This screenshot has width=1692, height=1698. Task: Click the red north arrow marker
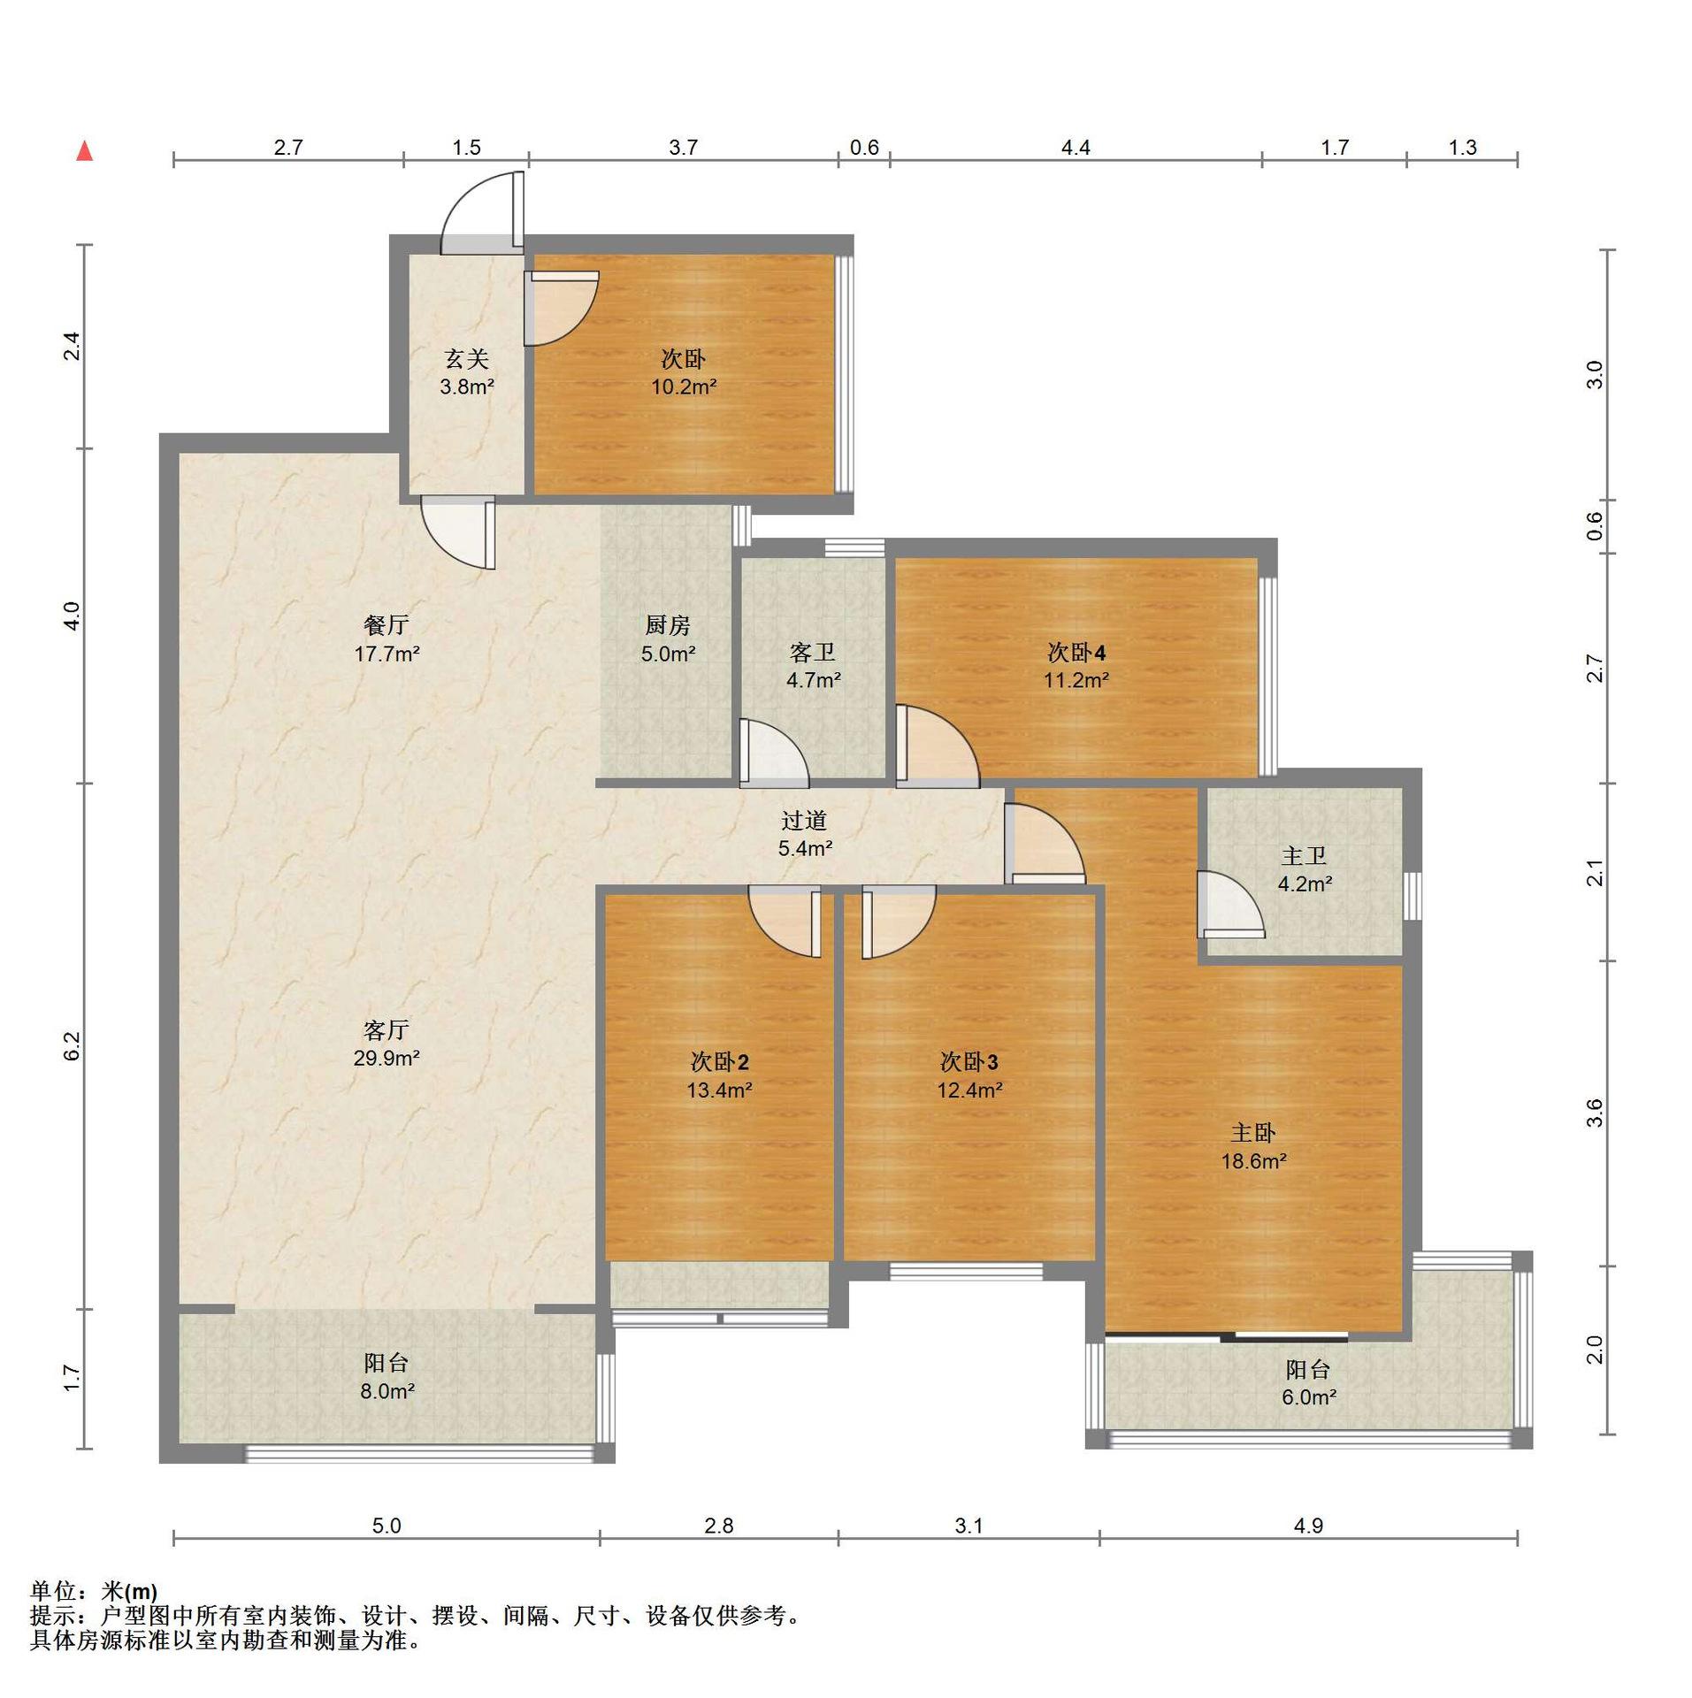click(x=85, y=151)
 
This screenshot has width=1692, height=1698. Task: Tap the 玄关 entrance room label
click(x=466, y=358)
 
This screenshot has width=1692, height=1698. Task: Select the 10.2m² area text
click(x=684, y=386)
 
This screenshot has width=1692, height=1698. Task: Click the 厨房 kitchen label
click(x=667, y=625)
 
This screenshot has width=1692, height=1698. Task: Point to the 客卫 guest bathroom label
click(x=813, y=653)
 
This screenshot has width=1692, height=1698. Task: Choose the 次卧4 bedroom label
click(x=1076, y=653)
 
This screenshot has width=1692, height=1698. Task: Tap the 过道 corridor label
click(x=804, y=821)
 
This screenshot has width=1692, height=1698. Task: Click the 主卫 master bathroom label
click(x=1304, y=855)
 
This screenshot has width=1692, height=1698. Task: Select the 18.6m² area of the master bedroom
click(x=1253, y=1161)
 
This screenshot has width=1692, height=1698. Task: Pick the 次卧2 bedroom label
click(x=719, y=1061)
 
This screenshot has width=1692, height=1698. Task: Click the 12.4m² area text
click(x=969, y=1090)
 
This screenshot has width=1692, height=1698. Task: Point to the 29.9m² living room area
click(x=387, y=1058)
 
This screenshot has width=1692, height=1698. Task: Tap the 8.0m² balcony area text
click(x=387, y=1391)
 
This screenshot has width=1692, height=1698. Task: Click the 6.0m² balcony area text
click(x=1308, y=1397)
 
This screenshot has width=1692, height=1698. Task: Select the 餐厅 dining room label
click(x=387, y=625)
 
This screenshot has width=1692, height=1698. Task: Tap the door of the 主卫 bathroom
click(x=1229, y=904)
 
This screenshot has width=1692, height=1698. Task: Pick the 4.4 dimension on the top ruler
click(x=1076, y=148)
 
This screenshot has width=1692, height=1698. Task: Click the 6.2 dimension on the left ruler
click(x=73, y=1046)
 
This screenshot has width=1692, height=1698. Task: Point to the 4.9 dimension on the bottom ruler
click(x=1308, y=1526)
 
